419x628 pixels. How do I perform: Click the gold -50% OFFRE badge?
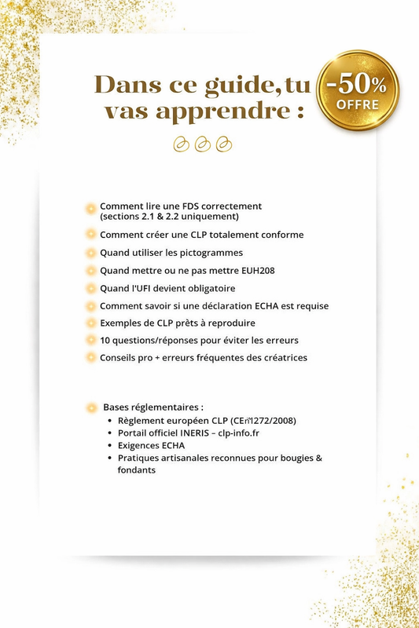(x=358, y=90)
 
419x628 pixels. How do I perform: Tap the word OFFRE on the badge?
(x=358, y=104)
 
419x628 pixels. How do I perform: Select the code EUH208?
(x=259, y=270)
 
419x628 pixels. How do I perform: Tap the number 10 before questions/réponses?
(x=105, y=341)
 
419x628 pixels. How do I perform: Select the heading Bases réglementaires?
(x=153, y=407)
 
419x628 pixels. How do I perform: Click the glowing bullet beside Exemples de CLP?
(x=91, y=323)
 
